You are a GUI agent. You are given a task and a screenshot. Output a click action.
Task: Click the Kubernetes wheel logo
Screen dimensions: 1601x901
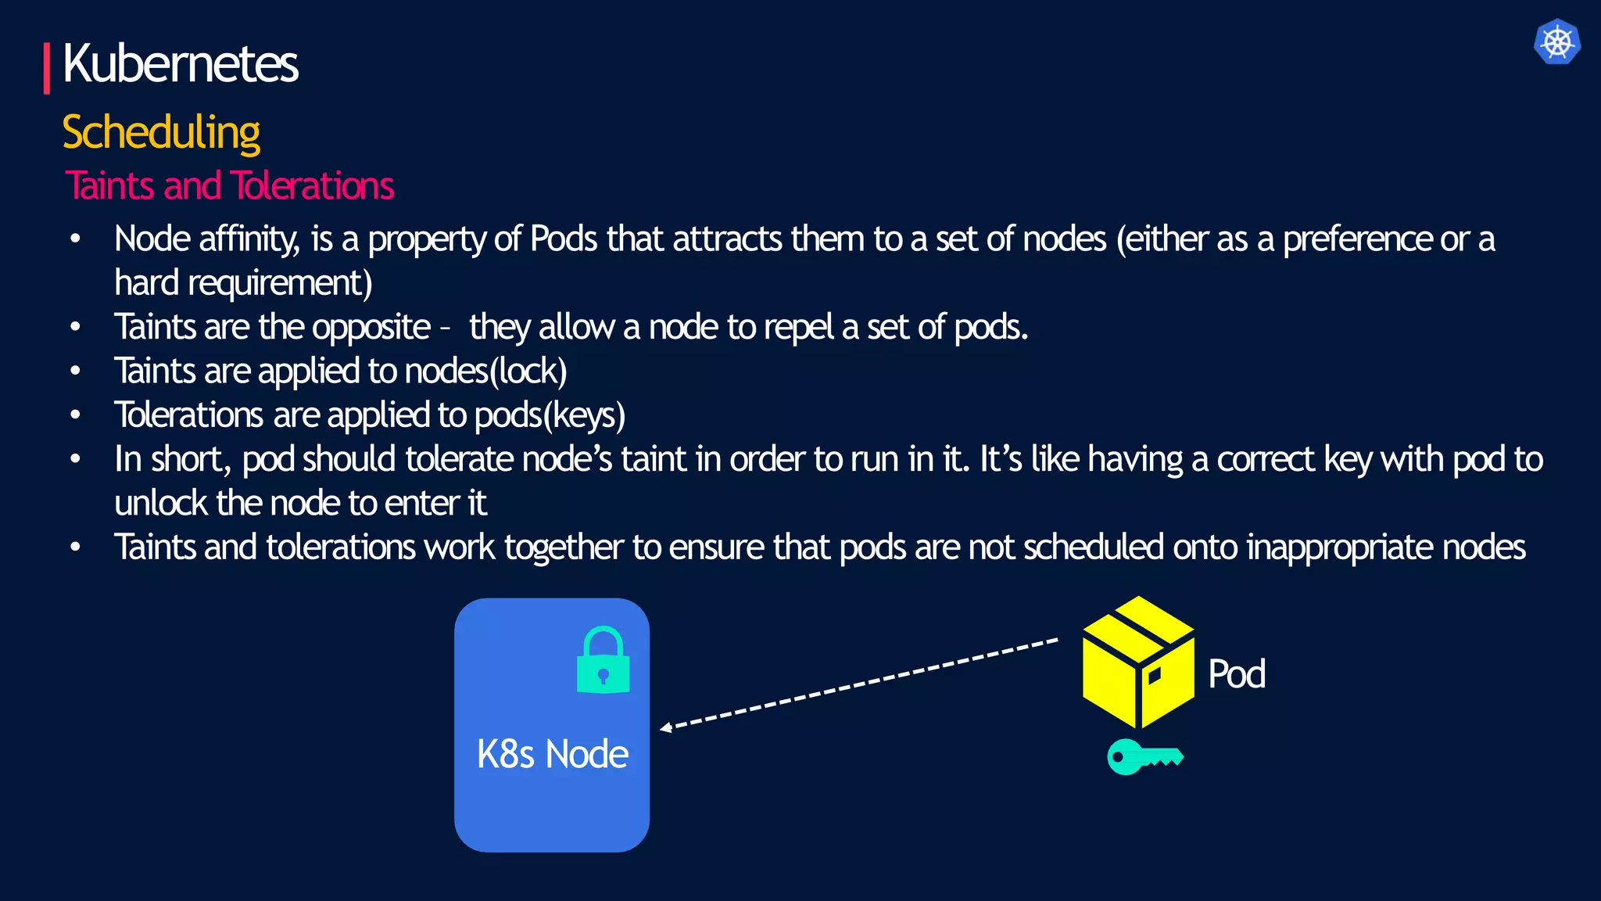(1556, 41)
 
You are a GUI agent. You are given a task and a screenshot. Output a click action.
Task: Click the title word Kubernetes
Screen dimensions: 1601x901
(181, 64)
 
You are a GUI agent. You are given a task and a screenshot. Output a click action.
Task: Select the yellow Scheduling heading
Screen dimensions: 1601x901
(161, 132)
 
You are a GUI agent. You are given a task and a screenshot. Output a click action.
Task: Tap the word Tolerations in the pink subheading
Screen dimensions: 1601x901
(312, 186)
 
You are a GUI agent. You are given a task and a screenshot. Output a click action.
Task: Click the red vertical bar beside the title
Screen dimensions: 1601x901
(47, 68)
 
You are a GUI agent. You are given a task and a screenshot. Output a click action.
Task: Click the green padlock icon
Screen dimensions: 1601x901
(603, 660)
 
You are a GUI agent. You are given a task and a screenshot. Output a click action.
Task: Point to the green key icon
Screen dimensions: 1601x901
(1144, 756)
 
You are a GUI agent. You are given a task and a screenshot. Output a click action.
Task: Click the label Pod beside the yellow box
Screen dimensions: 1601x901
(1236, 673)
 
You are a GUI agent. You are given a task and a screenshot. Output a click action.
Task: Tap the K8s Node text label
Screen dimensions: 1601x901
(552, 754)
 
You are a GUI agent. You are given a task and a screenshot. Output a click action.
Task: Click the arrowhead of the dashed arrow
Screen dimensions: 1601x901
(666, 728)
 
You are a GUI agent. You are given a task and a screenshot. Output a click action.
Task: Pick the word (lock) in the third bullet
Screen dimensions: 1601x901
(528, 371)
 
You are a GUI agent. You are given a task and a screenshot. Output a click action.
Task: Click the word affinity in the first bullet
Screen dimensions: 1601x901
(249, 239)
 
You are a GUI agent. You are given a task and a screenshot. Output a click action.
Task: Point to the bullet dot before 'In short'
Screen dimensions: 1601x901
(75, 459)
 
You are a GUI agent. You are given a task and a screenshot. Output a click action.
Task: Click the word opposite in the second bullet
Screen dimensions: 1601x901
(371, 327)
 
